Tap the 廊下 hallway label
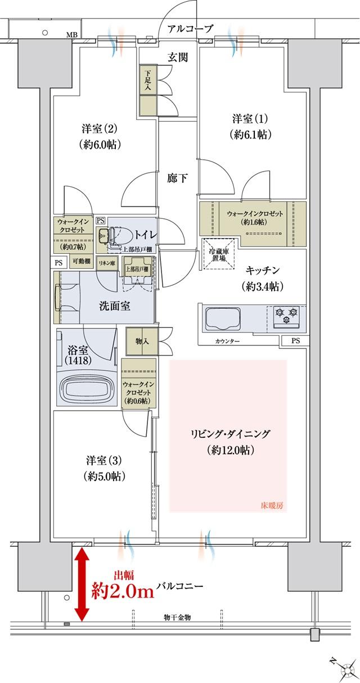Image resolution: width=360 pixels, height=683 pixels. (x=178, y=179)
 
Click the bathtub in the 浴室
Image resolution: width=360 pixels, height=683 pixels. (x=88, y=390)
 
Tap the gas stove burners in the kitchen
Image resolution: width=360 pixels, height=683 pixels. (x=286, y=316)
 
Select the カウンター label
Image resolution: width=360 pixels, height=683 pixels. (x=227, y=341)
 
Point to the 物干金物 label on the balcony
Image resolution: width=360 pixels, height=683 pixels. (x=175, y=617)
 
